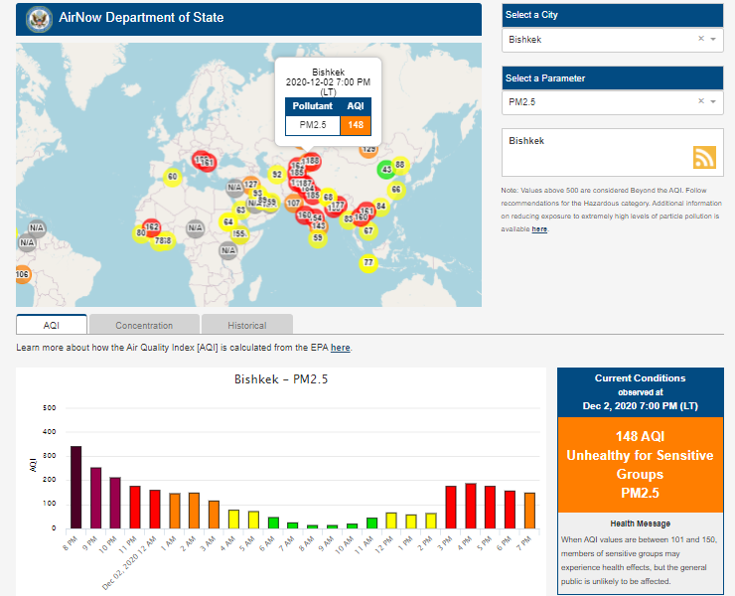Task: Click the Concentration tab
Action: coord(144,325)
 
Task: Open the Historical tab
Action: coord(246,325)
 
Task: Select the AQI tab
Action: coord(52,325)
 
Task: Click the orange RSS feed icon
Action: coord(704,157)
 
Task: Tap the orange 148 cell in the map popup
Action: coord(356,124)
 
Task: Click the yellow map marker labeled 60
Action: coord(172,177)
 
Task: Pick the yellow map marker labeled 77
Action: coord(368,263)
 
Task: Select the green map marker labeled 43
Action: coord(386,170)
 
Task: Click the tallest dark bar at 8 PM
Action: coord(75,487)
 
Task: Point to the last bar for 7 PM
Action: coord(529,511)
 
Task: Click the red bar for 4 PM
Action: coord(471,506)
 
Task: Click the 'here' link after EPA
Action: coord(340,349)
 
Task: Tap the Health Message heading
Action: coord(640,523)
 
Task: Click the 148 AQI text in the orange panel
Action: coord(640,436)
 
